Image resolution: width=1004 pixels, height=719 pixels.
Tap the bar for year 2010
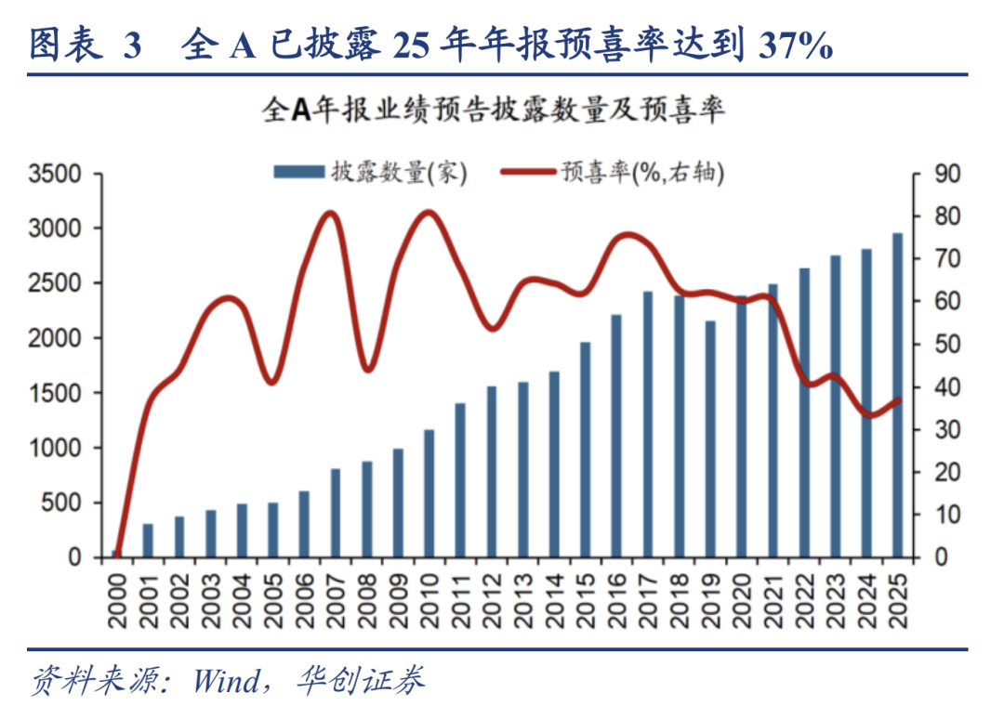(x=429, y=493)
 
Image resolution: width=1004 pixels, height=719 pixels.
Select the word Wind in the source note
(x=227, y=682)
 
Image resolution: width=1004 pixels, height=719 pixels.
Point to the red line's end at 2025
(x=898, y=400)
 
